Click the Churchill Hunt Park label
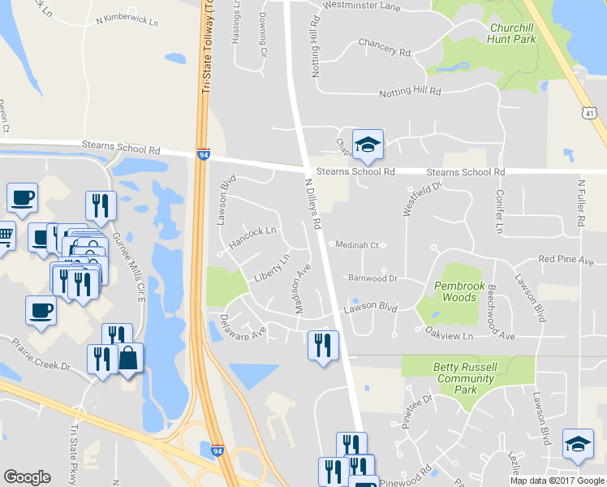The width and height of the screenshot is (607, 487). point(512,32)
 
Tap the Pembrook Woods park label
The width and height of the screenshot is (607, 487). point(455,291)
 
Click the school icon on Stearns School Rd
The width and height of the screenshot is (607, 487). point(368,145)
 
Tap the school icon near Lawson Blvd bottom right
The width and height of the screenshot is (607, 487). point(577,444)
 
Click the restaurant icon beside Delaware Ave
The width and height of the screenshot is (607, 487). point(322,345)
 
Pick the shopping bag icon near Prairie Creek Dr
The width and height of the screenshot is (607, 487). point(129,358)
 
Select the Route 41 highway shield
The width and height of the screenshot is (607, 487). point(590,114)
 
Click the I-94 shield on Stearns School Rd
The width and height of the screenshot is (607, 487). point(203,153)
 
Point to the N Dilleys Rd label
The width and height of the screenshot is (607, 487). point(314,204)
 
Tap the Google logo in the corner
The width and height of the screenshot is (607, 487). point(27,477)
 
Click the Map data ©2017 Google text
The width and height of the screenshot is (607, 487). point(557,481)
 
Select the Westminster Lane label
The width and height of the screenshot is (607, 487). point(361,6)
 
